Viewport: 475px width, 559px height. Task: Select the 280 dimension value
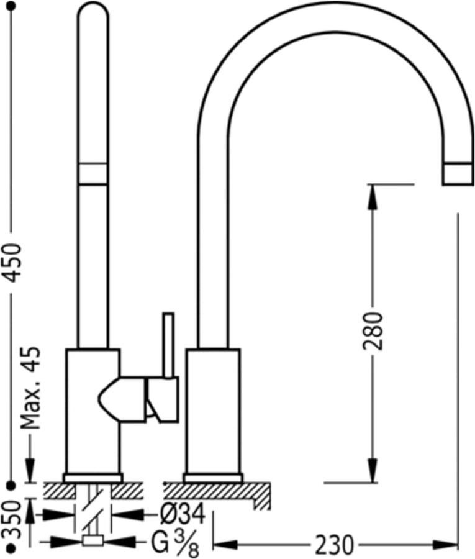[x=374, y=330]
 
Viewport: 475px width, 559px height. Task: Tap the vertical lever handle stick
[x=168, y=345]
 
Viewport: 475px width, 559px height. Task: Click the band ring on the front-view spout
[x=93, y=174]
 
